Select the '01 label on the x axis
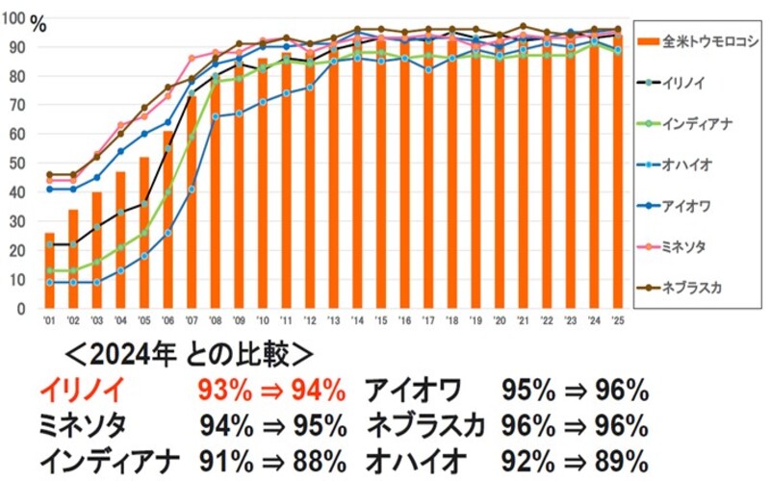pos(49,319)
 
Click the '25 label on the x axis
pos(618,319)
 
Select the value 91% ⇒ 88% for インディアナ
pos(272,456)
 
